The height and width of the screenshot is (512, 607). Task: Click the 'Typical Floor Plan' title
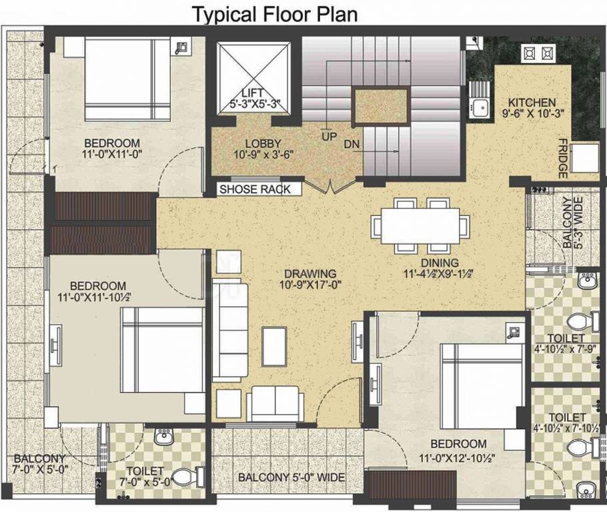(274, 14)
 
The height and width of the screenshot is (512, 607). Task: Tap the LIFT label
(252, 93)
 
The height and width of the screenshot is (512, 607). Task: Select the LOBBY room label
(263, 143)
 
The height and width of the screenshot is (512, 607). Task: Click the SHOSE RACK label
(255, 189)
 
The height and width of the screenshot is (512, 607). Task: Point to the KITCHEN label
(532, 103)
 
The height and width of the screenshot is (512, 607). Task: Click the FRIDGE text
(563, 159)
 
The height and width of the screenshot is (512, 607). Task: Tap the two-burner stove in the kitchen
(538, 54)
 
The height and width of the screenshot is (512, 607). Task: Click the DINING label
(440, 263)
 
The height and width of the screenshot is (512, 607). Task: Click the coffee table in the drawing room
(274, 347)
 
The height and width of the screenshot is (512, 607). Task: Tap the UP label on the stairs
(330, 136)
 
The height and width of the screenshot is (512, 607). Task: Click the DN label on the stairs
(352, 145)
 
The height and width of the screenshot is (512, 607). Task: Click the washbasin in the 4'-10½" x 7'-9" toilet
(587, 280)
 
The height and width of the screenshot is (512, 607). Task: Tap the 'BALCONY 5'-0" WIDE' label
(291, 477)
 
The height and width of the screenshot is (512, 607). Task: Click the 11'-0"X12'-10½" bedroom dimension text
(457, 459)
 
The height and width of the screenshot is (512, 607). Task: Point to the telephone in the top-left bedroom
(181, 47)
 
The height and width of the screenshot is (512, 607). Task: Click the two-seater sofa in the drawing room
(275, 403)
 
